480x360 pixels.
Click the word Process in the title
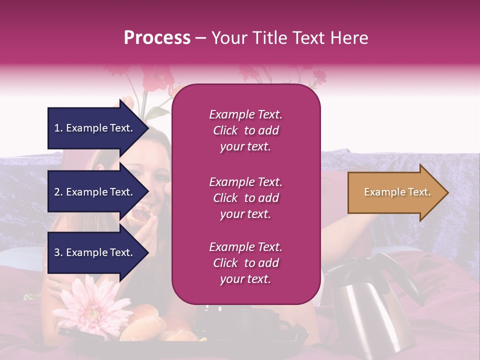click(x=157, y=38)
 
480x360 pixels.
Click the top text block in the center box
click(x=245, y=130)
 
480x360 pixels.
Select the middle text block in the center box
click(x=245, y=198)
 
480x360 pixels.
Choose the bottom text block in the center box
click(x=245, y=263)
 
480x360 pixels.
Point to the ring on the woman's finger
click(x=56, y=286)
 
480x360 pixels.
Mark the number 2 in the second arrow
click(x=57, y=192)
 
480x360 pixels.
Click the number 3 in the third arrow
click(x=57, y=252)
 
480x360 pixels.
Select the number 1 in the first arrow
click(x=57, y=128)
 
